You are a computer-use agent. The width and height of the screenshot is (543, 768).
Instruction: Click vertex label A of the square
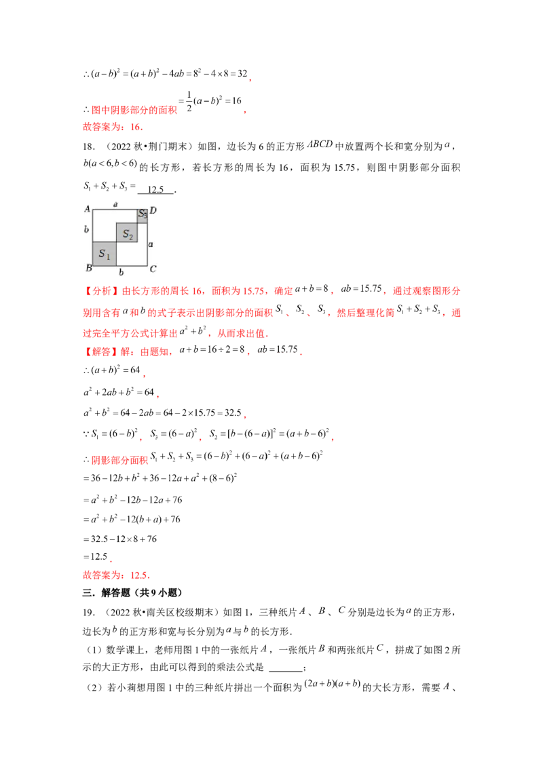tap(87, 210)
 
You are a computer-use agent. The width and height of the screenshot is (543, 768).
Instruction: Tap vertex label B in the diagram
tap(88, 269)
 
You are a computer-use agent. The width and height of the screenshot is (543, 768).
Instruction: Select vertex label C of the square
tap(153, 269)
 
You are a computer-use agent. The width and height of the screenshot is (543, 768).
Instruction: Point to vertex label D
tap(153, 210)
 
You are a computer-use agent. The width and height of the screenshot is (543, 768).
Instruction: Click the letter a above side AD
tap(115, 204)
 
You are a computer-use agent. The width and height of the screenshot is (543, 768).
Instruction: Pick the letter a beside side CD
tap(151, 243)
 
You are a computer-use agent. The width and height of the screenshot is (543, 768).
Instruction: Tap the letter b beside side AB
tap(87, 230)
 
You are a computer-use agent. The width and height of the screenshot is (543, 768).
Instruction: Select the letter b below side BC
tap(121, 272)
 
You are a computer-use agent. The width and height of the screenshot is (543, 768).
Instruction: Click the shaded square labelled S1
tap(105, 254)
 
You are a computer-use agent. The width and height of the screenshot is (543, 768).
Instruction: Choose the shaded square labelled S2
tap(127, 233)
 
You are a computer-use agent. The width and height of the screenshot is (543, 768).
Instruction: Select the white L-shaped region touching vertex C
tap(136, 256)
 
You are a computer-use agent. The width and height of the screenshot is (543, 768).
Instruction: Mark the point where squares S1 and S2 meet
tap(117, 242)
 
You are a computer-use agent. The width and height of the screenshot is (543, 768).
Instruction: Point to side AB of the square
tap(93, 237)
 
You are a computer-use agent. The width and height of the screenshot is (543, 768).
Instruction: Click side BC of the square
tap(120, 265)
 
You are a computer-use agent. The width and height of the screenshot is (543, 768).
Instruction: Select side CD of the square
tap(147, 237)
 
